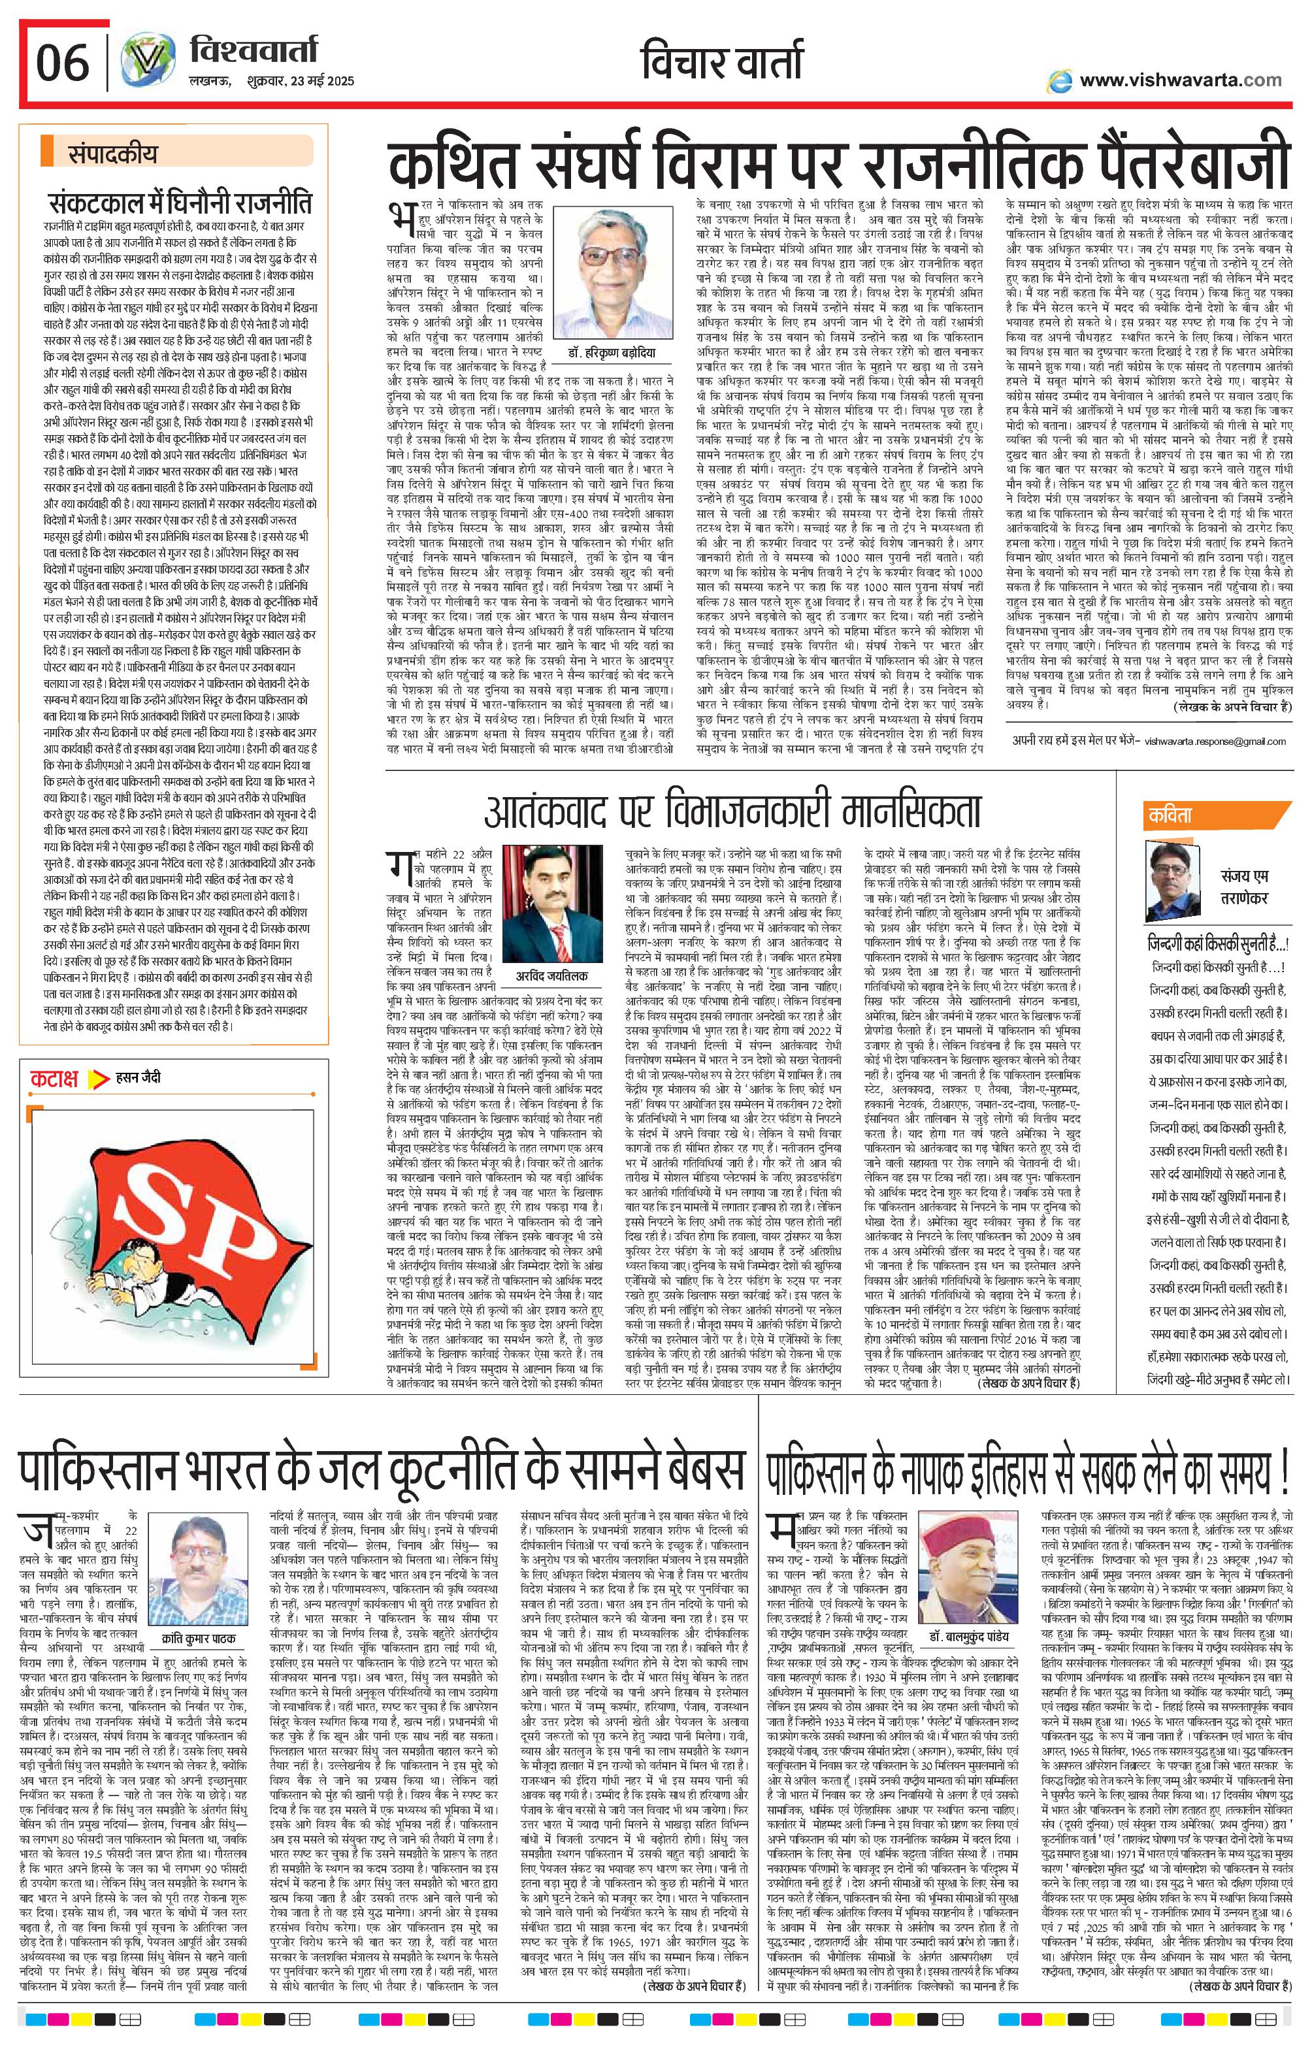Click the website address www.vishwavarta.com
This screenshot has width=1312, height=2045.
1180,81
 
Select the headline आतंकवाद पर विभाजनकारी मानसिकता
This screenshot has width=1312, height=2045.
732,810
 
